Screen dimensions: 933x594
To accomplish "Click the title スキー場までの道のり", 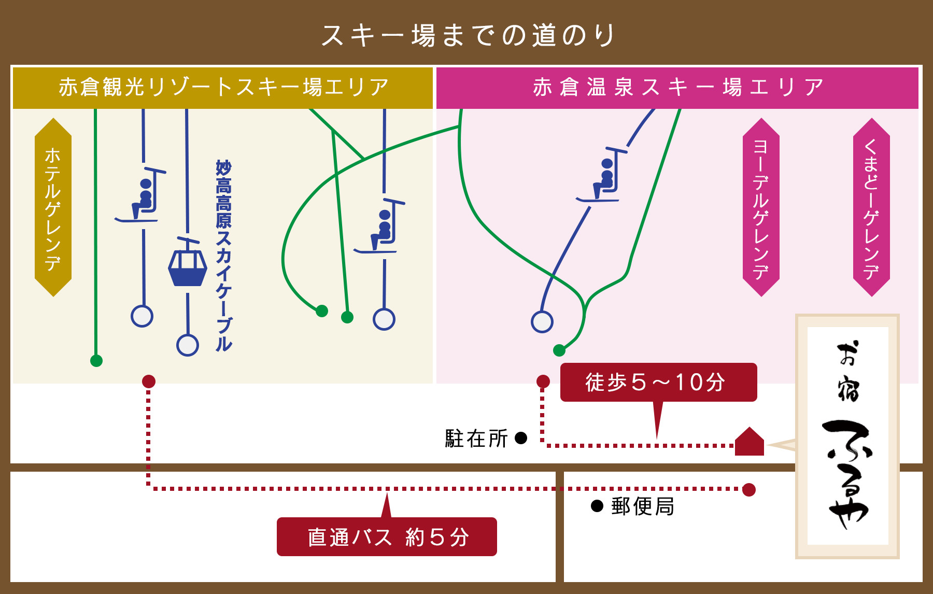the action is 469,35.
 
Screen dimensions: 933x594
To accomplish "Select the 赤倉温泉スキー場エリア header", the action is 677,88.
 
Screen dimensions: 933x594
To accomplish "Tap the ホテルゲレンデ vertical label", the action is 53,207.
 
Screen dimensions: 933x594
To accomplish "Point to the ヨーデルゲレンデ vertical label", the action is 761,207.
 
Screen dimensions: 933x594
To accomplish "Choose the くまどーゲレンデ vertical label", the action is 871,207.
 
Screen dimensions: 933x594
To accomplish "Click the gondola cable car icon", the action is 188,262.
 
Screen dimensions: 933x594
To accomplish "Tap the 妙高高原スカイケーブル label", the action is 224,256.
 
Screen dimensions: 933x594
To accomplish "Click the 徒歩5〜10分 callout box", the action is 658,383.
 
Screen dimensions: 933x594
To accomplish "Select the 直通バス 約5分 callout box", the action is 387,536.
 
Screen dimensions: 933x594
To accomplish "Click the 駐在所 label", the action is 476,439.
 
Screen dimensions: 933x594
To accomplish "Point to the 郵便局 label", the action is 643,506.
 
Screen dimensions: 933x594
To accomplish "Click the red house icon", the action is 750,442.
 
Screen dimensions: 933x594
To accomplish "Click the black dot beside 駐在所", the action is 521,439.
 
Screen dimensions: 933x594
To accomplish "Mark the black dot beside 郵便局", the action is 597,506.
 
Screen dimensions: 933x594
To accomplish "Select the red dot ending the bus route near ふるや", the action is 749,489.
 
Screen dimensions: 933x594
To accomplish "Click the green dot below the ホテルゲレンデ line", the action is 96,361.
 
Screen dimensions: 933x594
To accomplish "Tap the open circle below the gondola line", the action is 188,345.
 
